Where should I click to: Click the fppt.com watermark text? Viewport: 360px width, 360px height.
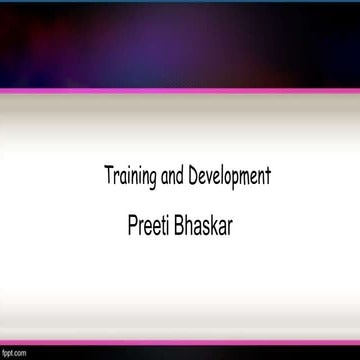coord(13,353)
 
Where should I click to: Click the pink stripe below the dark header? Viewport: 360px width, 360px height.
coord(180,91)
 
